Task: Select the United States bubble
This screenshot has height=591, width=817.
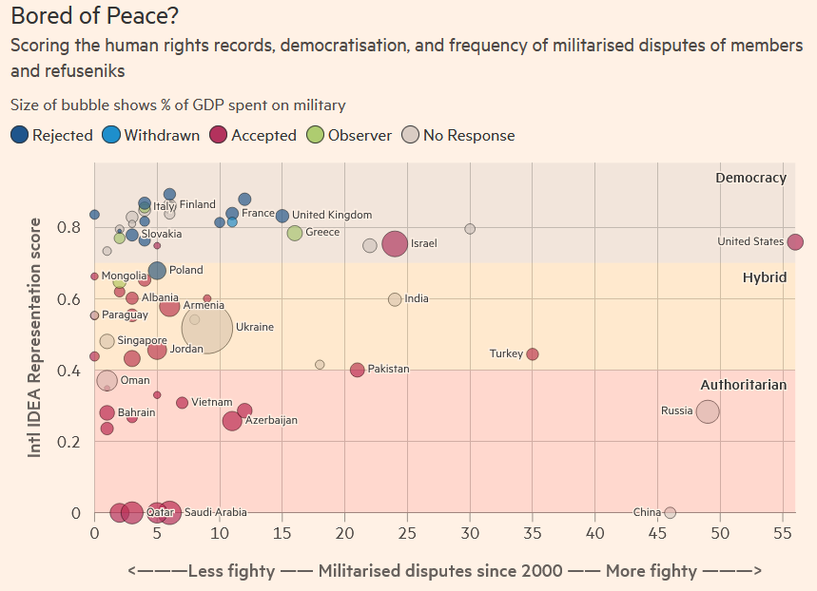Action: [795, 242]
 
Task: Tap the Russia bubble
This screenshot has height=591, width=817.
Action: [707, 411]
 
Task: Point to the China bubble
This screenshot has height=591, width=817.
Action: [670, 512]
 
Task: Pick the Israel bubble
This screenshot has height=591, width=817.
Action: [395, 244]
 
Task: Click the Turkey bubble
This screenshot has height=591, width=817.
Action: [532, 354]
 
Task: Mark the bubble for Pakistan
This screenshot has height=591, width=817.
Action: [357, 370]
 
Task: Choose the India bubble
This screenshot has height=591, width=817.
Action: [395, 299]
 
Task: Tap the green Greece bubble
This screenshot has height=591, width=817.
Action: [295, 233]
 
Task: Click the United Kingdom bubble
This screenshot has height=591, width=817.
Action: [282, 216]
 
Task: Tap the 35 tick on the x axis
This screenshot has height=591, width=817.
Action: [532, 534]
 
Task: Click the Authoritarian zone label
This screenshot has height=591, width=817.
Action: [743, 385]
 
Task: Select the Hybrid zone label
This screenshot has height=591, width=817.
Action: [764, 277]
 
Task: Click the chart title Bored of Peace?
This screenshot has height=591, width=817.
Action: [94, 16]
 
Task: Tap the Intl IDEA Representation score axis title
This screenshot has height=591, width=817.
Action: [34, 337]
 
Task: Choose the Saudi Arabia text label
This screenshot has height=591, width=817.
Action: [215, 512]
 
